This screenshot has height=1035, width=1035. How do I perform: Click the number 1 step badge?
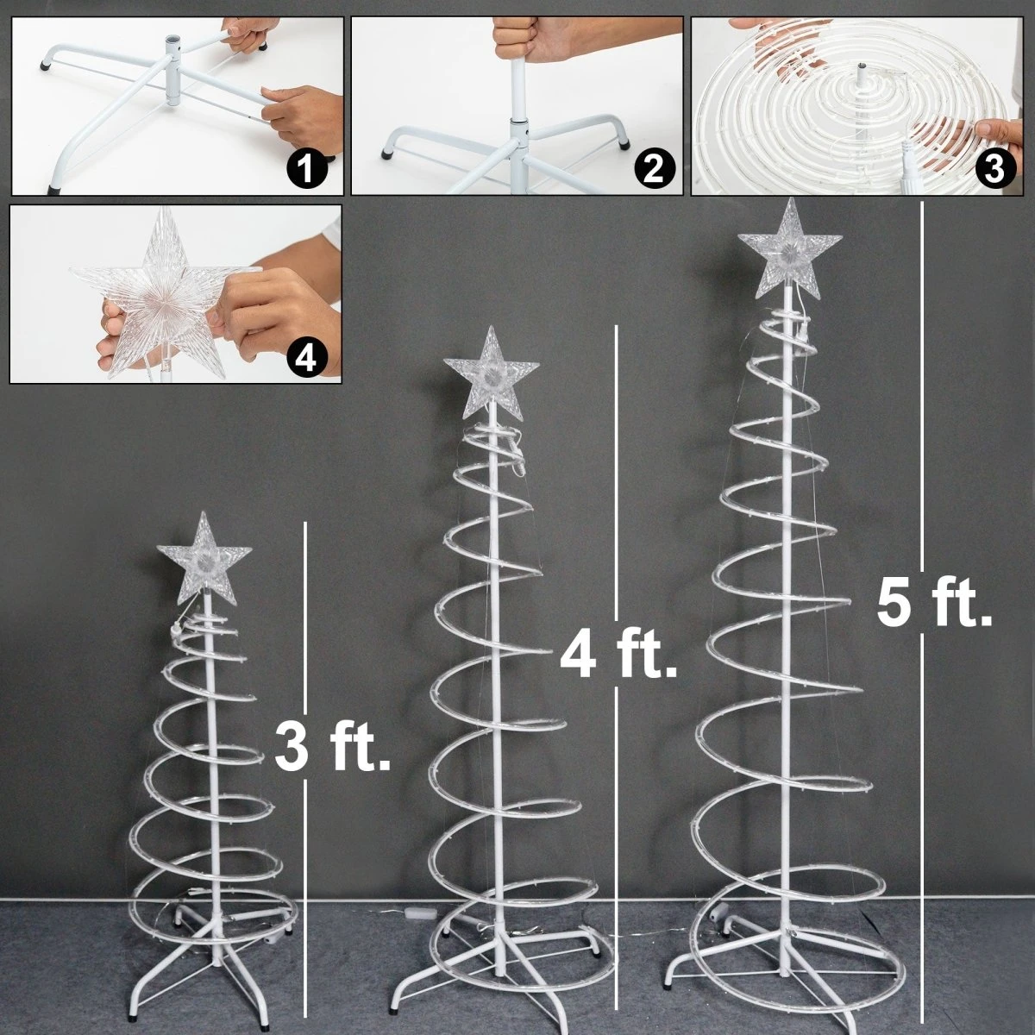pos(305,167)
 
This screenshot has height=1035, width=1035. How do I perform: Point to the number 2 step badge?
pos(650,168)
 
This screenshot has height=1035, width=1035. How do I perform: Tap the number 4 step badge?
pos(305,354)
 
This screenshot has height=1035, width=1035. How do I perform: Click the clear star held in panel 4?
pos(167,295)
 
